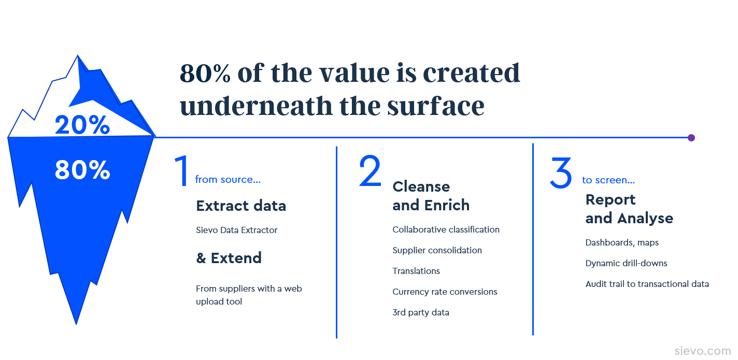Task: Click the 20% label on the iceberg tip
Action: coord(82,125)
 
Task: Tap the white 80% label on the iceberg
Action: coord(82,170)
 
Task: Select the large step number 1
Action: coord(182,171)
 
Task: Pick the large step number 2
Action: coord(370,170)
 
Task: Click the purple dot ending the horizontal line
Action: coord(691,138)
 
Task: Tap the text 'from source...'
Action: coord(228,180)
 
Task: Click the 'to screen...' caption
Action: coord(608,180)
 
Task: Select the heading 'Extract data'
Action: coord(241,206)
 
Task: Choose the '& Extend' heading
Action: coord(229,258)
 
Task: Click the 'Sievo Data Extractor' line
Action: coord(237,230)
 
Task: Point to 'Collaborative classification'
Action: coord(446,229)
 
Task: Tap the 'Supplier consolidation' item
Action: coord(437,250)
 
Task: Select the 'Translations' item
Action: coord(416,271)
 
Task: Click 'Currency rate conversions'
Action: coord(445,292)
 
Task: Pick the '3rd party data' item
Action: coord(421,312)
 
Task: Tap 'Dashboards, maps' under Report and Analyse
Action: coord(622,242)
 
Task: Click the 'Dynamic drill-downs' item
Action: coord(626,263)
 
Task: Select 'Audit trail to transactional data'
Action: coord(647,284)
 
